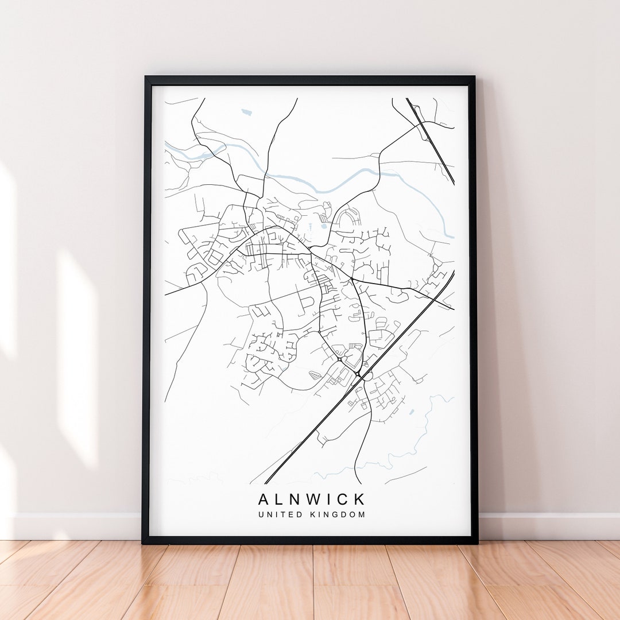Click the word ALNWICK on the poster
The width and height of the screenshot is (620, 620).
[311, 498]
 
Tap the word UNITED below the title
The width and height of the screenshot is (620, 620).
[280, 514]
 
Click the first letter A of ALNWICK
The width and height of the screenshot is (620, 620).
[263, 498]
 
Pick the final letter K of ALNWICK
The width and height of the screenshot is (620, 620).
[360, 498]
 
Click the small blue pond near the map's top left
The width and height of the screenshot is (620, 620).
[246, 112]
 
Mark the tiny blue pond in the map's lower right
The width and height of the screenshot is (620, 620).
[411, 412]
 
